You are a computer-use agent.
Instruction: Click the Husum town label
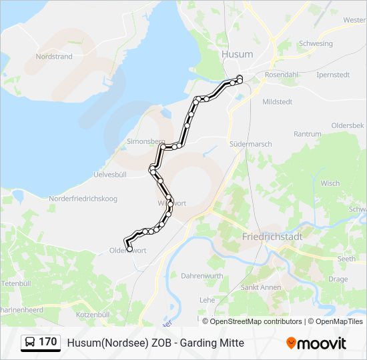[237, 54]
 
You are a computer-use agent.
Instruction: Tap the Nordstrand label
[54, 57]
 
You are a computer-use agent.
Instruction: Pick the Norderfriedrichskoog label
[83, 199]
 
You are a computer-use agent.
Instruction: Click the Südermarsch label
[250, 143]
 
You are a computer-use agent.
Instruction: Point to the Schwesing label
[316, 44]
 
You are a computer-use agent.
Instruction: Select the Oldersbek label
[348, 125]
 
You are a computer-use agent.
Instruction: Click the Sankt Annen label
[261, 287]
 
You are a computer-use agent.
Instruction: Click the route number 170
[47, 342]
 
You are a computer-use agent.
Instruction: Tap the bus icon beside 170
[30, 343]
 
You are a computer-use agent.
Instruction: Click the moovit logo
[316, 343]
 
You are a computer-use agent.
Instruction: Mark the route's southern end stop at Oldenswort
[129, 249]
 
